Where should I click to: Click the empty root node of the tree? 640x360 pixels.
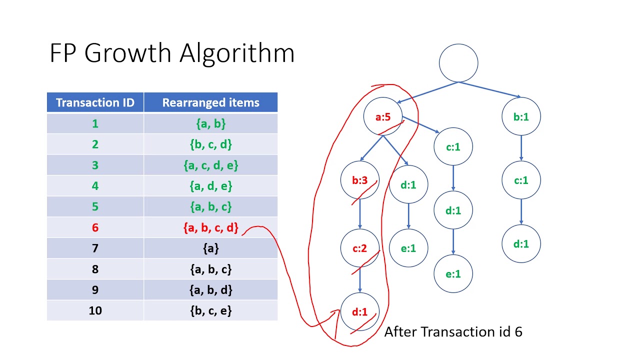tap(458, 63)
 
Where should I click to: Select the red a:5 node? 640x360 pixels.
tap(382, 117)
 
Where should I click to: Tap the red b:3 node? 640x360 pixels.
tap(359, 180)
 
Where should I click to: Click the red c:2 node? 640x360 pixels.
tap(359, 248)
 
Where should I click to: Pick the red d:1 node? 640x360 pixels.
tap(359, 312)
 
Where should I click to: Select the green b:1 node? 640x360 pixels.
tap(521, 117)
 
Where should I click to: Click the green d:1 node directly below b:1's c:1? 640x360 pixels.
tap(521, 244)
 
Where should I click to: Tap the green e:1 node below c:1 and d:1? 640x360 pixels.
tap(453, 273)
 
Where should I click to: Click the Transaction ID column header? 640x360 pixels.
tap(95, 102)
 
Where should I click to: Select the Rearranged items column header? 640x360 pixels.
tap(210, 102)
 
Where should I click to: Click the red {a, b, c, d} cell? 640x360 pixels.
tap(210, 228)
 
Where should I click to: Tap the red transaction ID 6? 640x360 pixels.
tap(95, 228)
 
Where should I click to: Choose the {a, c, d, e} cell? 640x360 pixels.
tap(210, 165)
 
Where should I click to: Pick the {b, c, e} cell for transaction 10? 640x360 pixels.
tap(210, 310)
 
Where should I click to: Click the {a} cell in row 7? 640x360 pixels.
tap(210, 248)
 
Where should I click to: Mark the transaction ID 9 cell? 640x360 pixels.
tap(95, 290)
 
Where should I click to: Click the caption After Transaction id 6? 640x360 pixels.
tap(453, 331)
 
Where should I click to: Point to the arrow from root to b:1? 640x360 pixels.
tap(490, 89)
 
